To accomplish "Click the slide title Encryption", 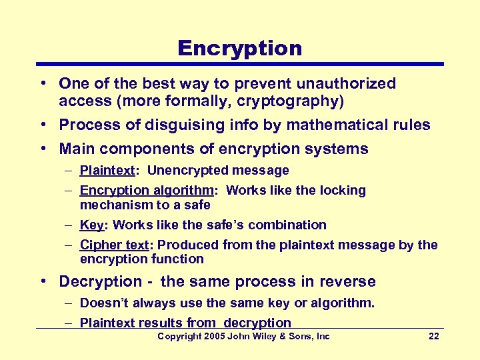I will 239,48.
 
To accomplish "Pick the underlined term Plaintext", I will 106,171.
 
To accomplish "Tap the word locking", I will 341,191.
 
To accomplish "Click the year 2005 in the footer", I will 215,337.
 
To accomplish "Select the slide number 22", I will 433,337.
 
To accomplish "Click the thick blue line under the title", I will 239,64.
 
